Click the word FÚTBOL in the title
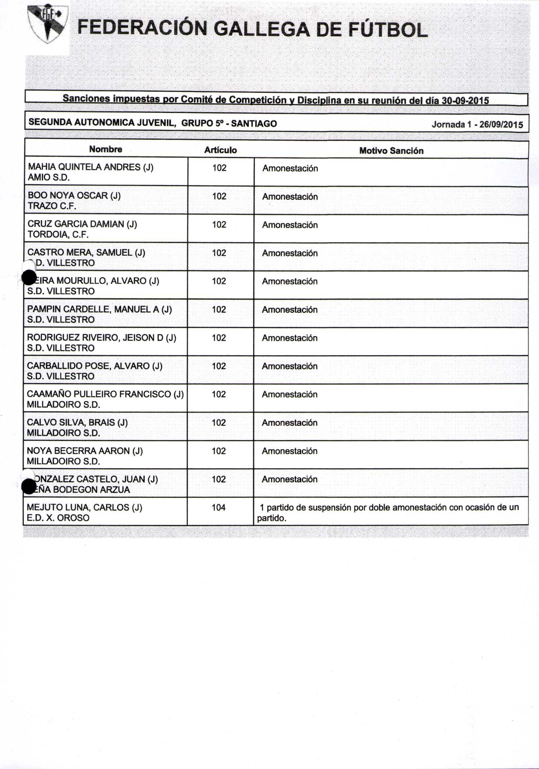click(x=387, y=30)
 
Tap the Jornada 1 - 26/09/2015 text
click(x=477, y=125)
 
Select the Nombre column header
click(x=105, y=150)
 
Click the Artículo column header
click(x=221, y=150)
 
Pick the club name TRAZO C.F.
click(x=52, y=206)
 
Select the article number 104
click(x=219, y=507)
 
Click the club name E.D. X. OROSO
click(x=58, y=518)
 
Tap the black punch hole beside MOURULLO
click(x=29, y=278)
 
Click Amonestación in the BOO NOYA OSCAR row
click(x=290, y=197)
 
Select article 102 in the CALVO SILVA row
click(x=219, y=423)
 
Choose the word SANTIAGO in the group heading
click(x=254, y=124)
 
